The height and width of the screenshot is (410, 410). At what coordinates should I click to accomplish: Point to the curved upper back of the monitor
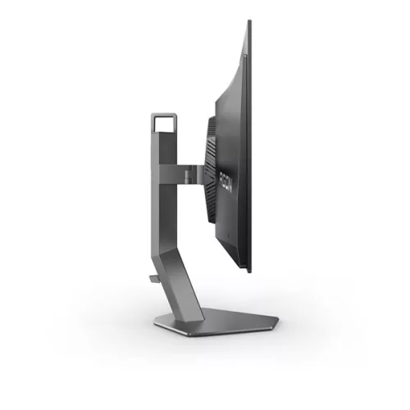click(x=234, y=74)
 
